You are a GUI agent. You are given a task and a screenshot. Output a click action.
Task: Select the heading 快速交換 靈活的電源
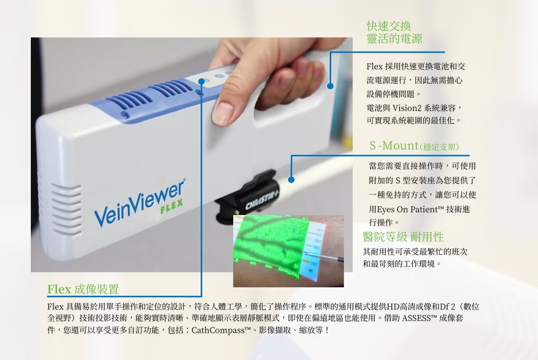coord(394,32)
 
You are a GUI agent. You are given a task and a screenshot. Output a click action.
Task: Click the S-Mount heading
coord(414,146)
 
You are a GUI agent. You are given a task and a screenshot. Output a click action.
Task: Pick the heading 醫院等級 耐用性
coord(404,237)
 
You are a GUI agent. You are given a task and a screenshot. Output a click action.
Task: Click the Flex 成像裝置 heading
coord(83,289)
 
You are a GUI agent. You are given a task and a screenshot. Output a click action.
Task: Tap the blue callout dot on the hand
coord(330,86)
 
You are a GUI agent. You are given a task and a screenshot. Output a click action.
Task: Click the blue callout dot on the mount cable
coord(291,179)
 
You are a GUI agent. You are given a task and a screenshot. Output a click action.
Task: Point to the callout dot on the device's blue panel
coord(202,81)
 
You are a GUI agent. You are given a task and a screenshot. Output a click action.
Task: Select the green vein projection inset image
coord(288,251)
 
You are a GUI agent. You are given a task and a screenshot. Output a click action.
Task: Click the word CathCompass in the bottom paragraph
coord(218,331)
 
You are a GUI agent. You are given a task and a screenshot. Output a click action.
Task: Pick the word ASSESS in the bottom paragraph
coord(417,318)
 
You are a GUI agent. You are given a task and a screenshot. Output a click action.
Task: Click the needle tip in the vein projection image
coord(320,255)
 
